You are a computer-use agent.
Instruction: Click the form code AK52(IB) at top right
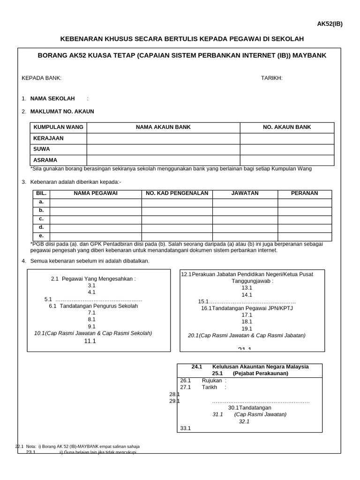(330, 24)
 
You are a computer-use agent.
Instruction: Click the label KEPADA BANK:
(42, 78)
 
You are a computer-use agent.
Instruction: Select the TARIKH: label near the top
(272, 78)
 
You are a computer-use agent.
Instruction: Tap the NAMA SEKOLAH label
(52, 98)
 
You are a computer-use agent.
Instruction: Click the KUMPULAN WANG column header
(58, 127)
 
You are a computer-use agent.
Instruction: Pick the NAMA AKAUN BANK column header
(163, 127)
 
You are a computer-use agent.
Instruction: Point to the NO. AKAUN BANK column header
(287, 127)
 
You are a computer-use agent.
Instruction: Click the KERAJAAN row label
(48, 138)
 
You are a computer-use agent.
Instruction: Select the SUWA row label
(41, 149)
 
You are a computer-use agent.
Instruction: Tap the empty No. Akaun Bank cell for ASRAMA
(287, 160)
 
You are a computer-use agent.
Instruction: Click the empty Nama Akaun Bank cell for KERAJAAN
(163, 138)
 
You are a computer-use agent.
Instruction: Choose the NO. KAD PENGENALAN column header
(177, 193)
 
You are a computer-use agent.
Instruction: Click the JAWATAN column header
(245, 193)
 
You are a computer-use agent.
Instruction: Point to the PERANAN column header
(304, 193)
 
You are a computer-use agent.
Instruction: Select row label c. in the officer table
(41, 219)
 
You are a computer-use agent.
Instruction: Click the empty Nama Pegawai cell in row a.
(96, 202)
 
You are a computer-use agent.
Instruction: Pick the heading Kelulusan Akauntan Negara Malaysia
(260, 367)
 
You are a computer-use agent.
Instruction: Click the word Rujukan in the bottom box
(212, 381)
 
